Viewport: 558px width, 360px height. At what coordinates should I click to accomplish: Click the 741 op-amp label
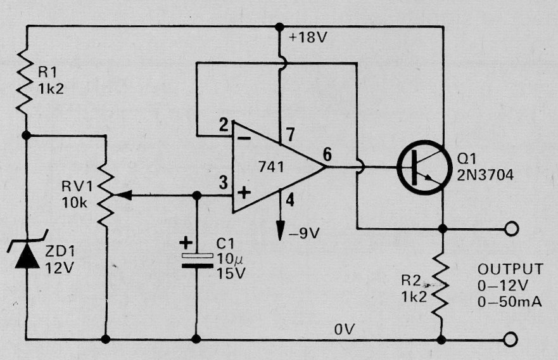[271, 167]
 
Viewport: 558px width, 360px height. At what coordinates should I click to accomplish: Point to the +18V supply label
[308, 37]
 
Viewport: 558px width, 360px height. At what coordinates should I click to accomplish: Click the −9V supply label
[304, 234]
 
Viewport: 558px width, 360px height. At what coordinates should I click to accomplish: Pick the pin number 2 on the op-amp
[224, 125]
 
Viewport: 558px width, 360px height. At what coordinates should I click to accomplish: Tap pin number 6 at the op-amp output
[327, 155]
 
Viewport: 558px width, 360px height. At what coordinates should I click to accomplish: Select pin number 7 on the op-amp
[290, 135]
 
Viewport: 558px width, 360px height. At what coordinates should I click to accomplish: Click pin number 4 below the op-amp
[290, 200]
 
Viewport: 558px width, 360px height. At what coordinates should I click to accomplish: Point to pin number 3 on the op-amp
[223, 183]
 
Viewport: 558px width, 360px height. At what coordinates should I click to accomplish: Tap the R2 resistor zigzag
[441, 283]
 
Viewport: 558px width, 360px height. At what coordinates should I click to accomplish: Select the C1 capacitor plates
[197, 260]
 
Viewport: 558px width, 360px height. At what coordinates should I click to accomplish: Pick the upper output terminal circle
[511, 229]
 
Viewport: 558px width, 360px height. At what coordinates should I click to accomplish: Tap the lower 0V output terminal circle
[511, 339]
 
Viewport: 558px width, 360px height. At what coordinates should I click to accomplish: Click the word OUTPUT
[510, 269]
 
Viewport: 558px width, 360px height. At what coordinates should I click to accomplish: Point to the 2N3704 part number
[485, 175]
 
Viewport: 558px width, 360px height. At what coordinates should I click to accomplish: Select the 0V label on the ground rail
[345, 330]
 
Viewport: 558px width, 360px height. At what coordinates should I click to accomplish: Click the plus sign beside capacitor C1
[186, 243]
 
